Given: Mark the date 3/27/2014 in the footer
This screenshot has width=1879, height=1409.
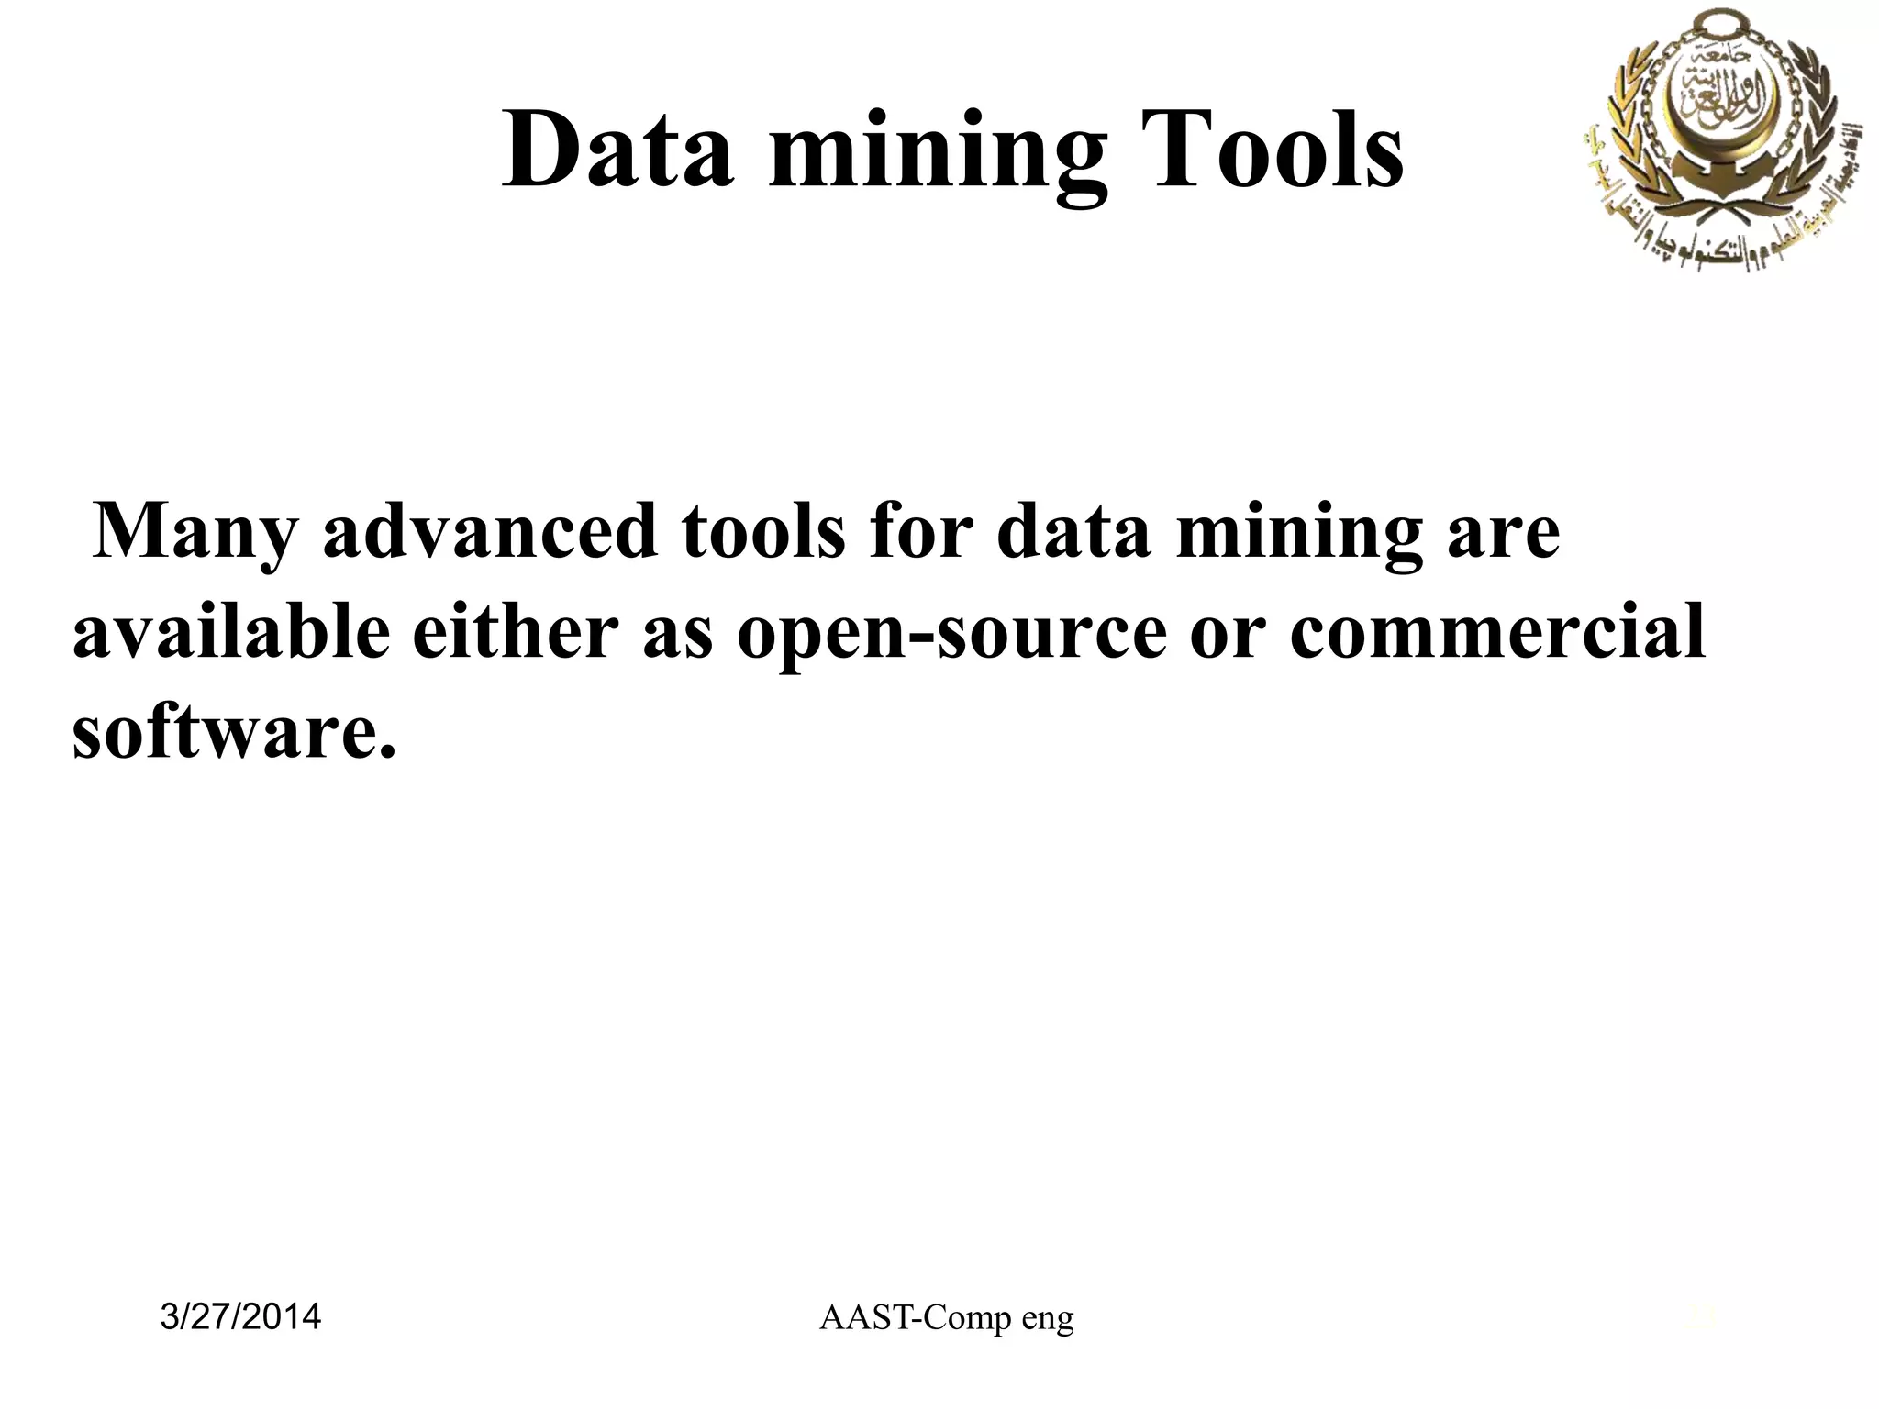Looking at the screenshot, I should coord(240,1317).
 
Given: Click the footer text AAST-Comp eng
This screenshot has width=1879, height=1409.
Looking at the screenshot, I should coord(946,1318).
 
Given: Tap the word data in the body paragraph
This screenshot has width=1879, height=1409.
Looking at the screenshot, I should coord(1073,532).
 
